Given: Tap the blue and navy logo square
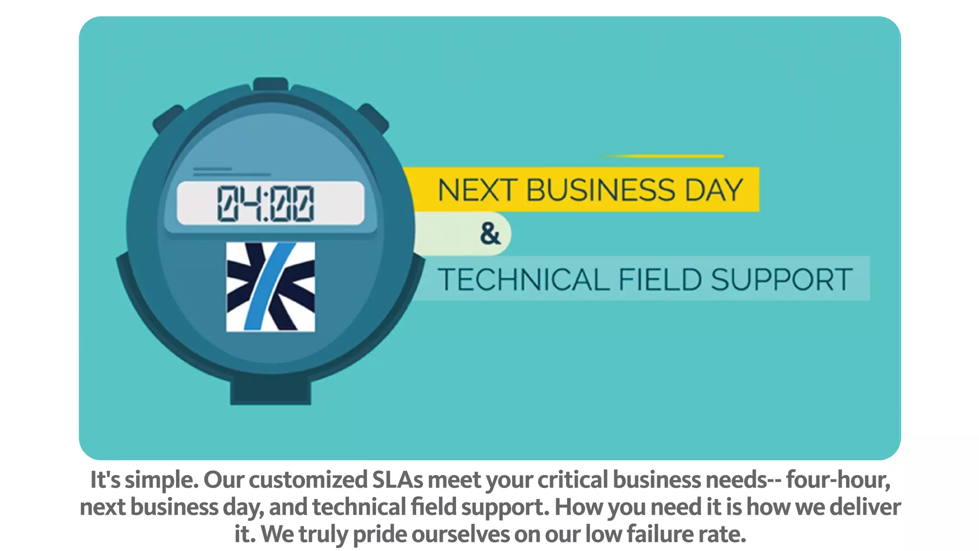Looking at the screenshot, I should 271,287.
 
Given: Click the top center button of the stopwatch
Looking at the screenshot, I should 271,84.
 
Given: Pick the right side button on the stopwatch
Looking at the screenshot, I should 374,117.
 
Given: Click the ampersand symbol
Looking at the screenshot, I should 490,234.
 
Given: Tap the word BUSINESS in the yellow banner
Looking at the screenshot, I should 601,190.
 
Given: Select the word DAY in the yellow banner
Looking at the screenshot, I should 714,190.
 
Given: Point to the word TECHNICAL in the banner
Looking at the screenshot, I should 523,280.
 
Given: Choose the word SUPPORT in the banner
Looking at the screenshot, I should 782,280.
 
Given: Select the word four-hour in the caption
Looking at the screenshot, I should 838,480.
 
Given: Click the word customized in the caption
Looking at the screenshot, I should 308,480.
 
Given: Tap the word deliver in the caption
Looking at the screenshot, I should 865,507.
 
